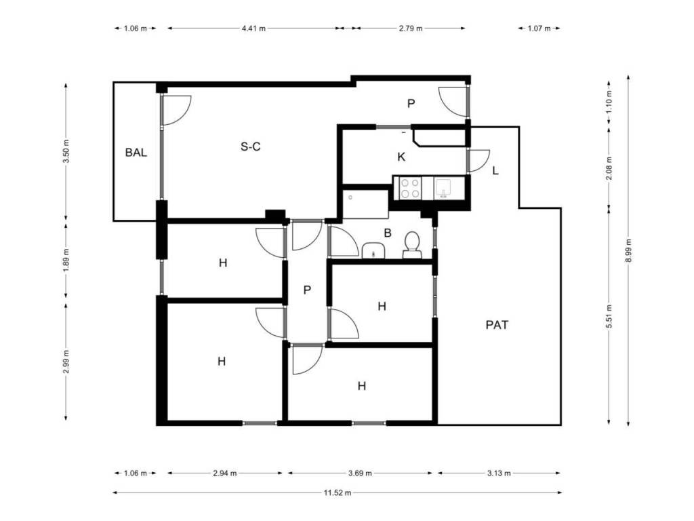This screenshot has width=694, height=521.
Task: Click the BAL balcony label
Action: coord(136,153)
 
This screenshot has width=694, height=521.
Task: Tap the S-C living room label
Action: coord(251,147)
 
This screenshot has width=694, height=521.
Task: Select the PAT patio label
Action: coord(497,325)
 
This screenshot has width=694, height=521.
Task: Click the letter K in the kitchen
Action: coord(401,157)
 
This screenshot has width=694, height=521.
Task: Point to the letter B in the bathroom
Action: coord(388,233)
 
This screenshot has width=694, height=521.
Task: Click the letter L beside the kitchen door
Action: coord(495,170)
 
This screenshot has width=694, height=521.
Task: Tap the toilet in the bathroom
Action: coord(412,245)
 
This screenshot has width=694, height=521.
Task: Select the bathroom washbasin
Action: coord(374,250)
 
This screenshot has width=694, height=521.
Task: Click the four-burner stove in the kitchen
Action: coord(410,188)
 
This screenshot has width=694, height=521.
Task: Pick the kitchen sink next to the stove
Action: coord(443,188)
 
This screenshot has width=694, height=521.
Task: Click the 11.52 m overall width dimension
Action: coord(338,493)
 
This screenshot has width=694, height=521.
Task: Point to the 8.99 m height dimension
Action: coord(628,251)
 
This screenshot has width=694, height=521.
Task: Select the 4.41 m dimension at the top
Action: coord(253,28)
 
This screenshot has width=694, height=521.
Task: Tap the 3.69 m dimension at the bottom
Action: coord(360,473)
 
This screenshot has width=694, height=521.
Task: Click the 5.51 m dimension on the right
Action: coord(609,316)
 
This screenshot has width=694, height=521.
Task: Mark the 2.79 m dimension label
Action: coord(411,28)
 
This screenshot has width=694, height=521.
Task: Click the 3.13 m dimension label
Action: coord(499,473)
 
